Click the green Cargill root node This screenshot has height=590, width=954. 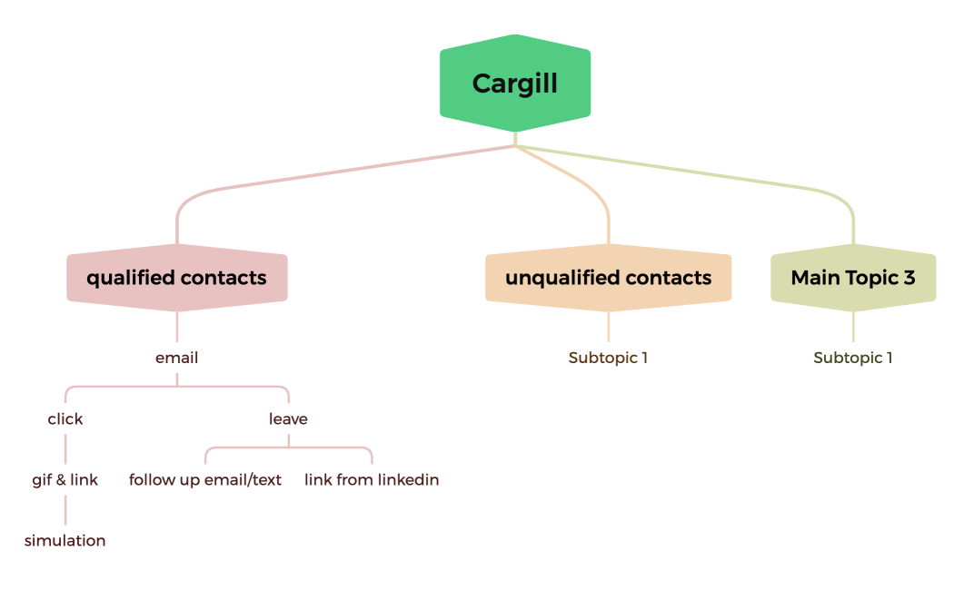[515, 84]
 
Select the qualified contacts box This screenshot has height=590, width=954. [177, 278]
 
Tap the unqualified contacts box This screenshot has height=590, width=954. [608, 278]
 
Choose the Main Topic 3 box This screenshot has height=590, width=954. [853, 278]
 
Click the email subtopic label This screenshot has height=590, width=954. [177, 358]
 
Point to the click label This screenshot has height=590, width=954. [65, 419]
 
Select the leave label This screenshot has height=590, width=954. [288, 419]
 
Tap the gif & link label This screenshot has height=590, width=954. [65, 480]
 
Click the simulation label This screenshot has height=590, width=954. [65, 541]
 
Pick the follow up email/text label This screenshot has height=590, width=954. [205, 480]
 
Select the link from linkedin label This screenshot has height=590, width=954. [372, 480]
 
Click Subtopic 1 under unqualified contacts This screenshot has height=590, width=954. [608, 358]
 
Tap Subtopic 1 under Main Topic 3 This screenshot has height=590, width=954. [853, 358]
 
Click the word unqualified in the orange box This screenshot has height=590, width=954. [560, 278]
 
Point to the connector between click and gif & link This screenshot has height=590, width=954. [65, 449]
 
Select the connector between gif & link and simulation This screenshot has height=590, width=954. [65, 510]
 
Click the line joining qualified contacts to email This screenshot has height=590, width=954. [177, 327]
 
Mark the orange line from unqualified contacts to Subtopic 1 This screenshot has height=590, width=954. [608, 327]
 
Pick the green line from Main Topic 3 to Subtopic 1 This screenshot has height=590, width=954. [853, 327]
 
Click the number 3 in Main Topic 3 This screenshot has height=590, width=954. [909, 278]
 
